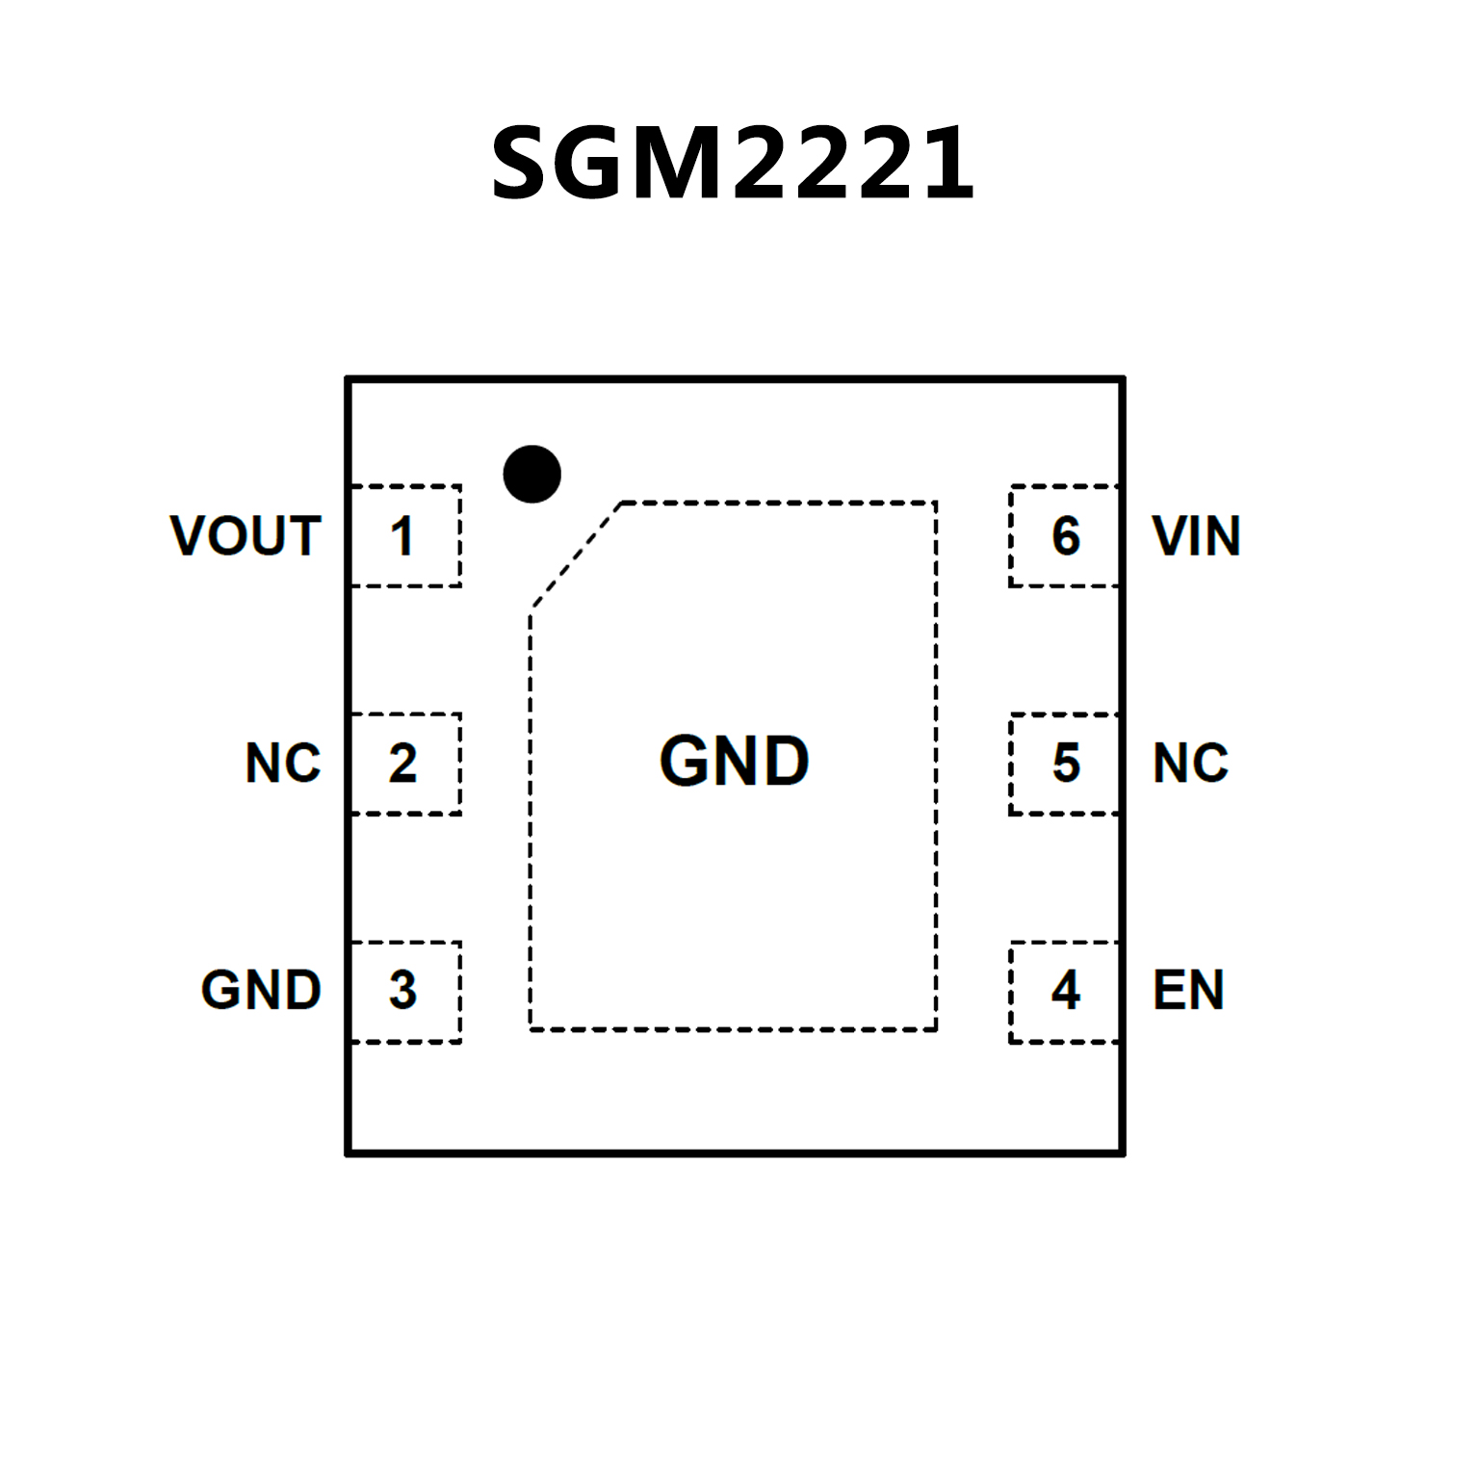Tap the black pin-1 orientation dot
(x=532, y=474)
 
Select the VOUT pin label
(x=246, y=535)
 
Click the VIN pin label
(x=1196, y=535)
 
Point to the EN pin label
(x=1188, y=990)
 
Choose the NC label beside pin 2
(x=282, y=763)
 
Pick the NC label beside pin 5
(x=1190, y=763)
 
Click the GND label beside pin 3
(x=261, y=990)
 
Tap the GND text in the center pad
(x=734, y=761)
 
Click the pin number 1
(x=402, y=535)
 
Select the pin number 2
(x=402, y=763)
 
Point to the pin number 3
(x=402, y=990)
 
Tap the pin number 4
(x=1065, y=990)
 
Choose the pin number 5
(x=1065, y=763)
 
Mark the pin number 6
(x=1065, y=535)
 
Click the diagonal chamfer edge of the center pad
(x=576, y=557)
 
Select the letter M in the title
(x=684, y=164)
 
